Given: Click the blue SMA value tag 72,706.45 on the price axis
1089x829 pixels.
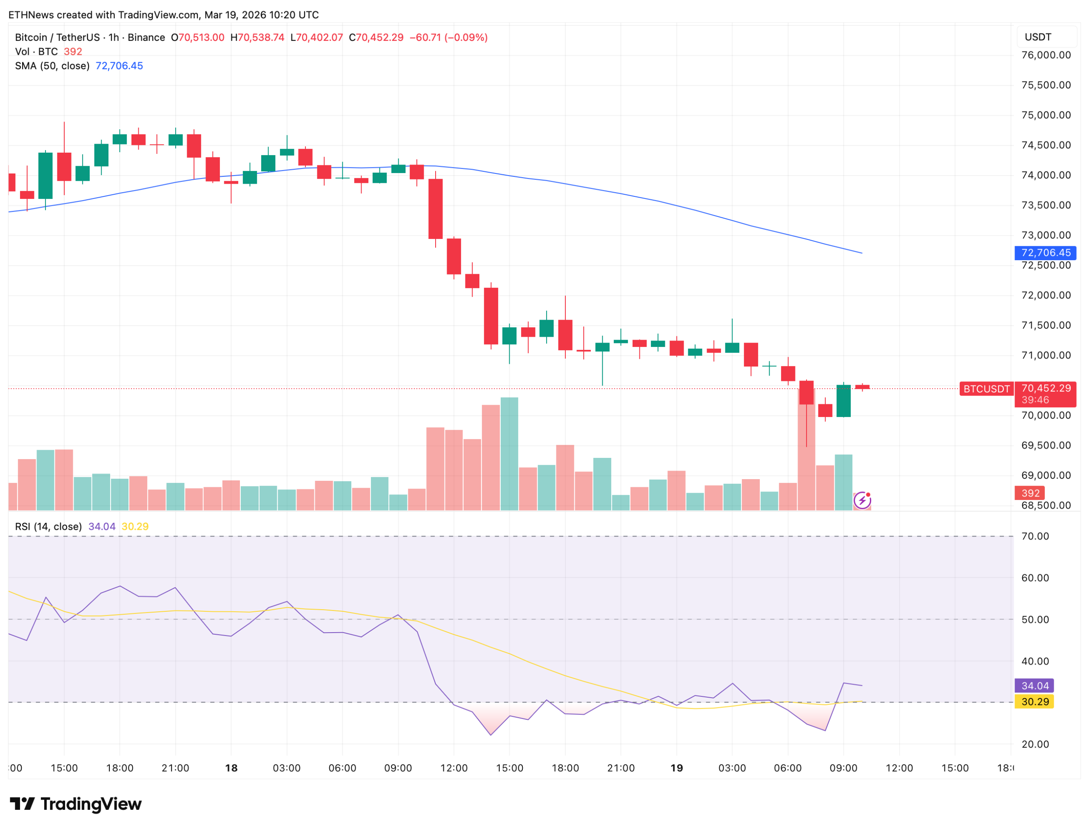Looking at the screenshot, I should click(1045, 253).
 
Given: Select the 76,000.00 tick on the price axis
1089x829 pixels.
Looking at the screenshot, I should click(1046, 55).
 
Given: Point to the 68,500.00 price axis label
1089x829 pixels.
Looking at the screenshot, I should click(1046, 505).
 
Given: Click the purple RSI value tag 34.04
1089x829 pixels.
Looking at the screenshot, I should click(1035, 686).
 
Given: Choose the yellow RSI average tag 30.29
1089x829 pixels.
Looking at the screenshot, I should click(1035, 702).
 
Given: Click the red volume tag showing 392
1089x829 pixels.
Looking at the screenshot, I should click(1030, 493).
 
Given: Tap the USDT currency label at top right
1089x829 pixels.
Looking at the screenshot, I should click(1038, 37).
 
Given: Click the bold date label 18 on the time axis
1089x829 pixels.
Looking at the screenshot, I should click(231, 768).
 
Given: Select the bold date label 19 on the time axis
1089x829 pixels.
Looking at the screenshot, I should click(676, 768).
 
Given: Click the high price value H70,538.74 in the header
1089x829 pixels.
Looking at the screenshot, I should click(257, 37).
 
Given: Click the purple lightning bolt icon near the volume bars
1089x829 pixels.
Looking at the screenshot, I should click(862, 500).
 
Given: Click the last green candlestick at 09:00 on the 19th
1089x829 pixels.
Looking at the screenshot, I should click(843, 400).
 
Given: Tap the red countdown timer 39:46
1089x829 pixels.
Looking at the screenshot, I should click(1035, 400).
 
